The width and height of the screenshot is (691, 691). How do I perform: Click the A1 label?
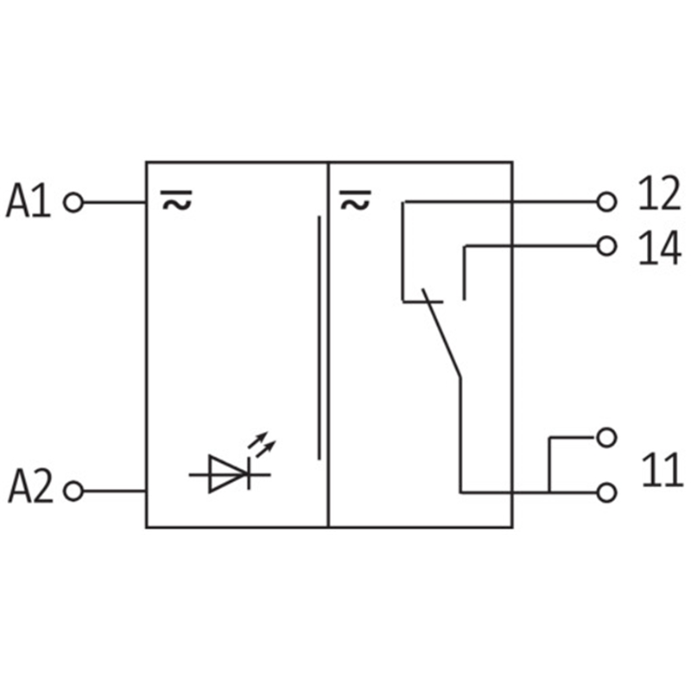coord(29,202)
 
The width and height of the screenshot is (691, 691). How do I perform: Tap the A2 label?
coord(30,489)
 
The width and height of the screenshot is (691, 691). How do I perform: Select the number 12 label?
coord(659,196)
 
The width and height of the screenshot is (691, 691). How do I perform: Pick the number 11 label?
coord(661,472)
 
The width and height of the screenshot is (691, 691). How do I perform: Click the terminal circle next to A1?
coord(73,203)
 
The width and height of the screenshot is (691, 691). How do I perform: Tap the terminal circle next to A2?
coord(73,491)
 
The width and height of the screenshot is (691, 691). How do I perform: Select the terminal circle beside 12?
coord(607,202)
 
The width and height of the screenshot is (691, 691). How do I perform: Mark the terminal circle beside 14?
coord(607,246)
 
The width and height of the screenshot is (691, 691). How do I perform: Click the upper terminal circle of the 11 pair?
coord(607,437)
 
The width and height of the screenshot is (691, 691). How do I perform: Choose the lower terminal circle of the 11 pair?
coord(607,492)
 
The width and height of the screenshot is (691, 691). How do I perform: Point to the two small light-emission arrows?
coord(261,446)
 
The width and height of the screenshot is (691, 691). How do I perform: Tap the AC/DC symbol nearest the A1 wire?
coord(175,202)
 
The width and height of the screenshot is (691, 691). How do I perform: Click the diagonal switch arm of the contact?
coord(441,337)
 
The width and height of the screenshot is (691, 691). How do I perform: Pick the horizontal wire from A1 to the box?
coord(114,203)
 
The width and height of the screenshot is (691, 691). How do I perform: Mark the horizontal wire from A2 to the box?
coord(114,491)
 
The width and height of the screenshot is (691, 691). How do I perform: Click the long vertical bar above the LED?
coord(319,337)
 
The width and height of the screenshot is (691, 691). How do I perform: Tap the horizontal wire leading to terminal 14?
coord(531,246)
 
